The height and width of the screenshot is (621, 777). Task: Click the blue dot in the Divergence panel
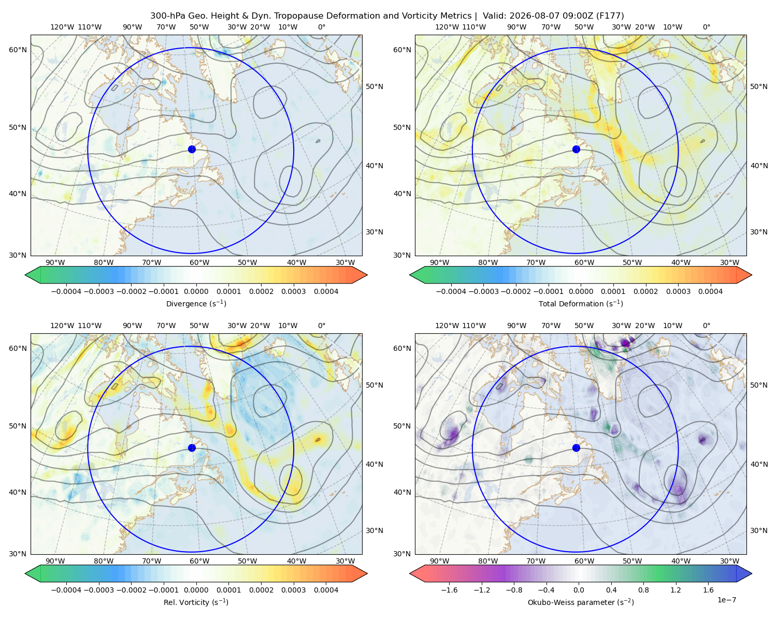coord(192,150)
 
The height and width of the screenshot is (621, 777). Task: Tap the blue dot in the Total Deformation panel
coord(576,150)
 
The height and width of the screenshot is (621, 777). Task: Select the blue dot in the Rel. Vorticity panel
coord(192,448)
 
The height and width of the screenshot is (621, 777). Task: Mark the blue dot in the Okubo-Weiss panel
coord(576,448)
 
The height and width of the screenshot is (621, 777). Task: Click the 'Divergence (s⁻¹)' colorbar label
coord(196,303)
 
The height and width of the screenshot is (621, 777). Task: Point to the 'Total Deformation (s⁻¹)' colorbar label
coord(581,303)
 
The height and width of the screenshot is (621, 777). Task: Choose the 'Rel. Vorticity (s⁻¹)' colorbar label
coord(196,602)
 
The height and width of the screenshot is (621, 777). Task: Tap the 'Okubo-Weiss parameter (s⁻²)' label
coord(581,602)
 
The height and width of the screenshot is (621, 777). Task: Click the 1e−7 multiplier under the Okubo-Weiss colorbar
coord(726,600)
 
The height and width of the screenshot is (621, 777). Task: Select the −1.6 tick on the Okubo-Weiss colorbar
coord(449,590)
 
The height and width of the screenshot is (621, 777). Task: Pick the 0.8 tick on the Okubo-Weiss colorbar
coord(643,590)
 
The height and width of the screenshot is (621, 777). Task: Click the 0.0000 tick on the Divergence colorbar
coord(196,291)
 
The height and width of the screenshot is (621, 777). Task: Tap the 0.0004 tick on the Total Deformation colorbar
coord(710,291)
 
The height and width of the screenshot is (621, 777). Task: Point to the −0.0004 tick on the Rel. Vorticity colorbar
coord(66,590)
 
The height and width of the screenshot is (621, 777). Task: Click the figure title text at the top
coord(387,16)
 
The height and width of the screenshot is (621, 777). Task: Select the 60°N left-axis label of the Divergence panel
coord(18,50)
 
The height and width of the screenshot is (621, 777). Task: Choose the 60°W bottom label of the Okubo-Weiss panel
coord(584,561)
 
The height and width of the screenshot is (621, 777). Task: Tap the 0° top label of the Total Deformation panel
coord(706,27)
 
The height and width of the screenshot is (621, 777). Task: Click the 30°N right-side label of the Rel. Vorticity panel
coord(375,530)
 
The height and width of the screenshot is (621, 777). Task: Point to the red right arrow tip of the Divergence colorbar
coord(367,275)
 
